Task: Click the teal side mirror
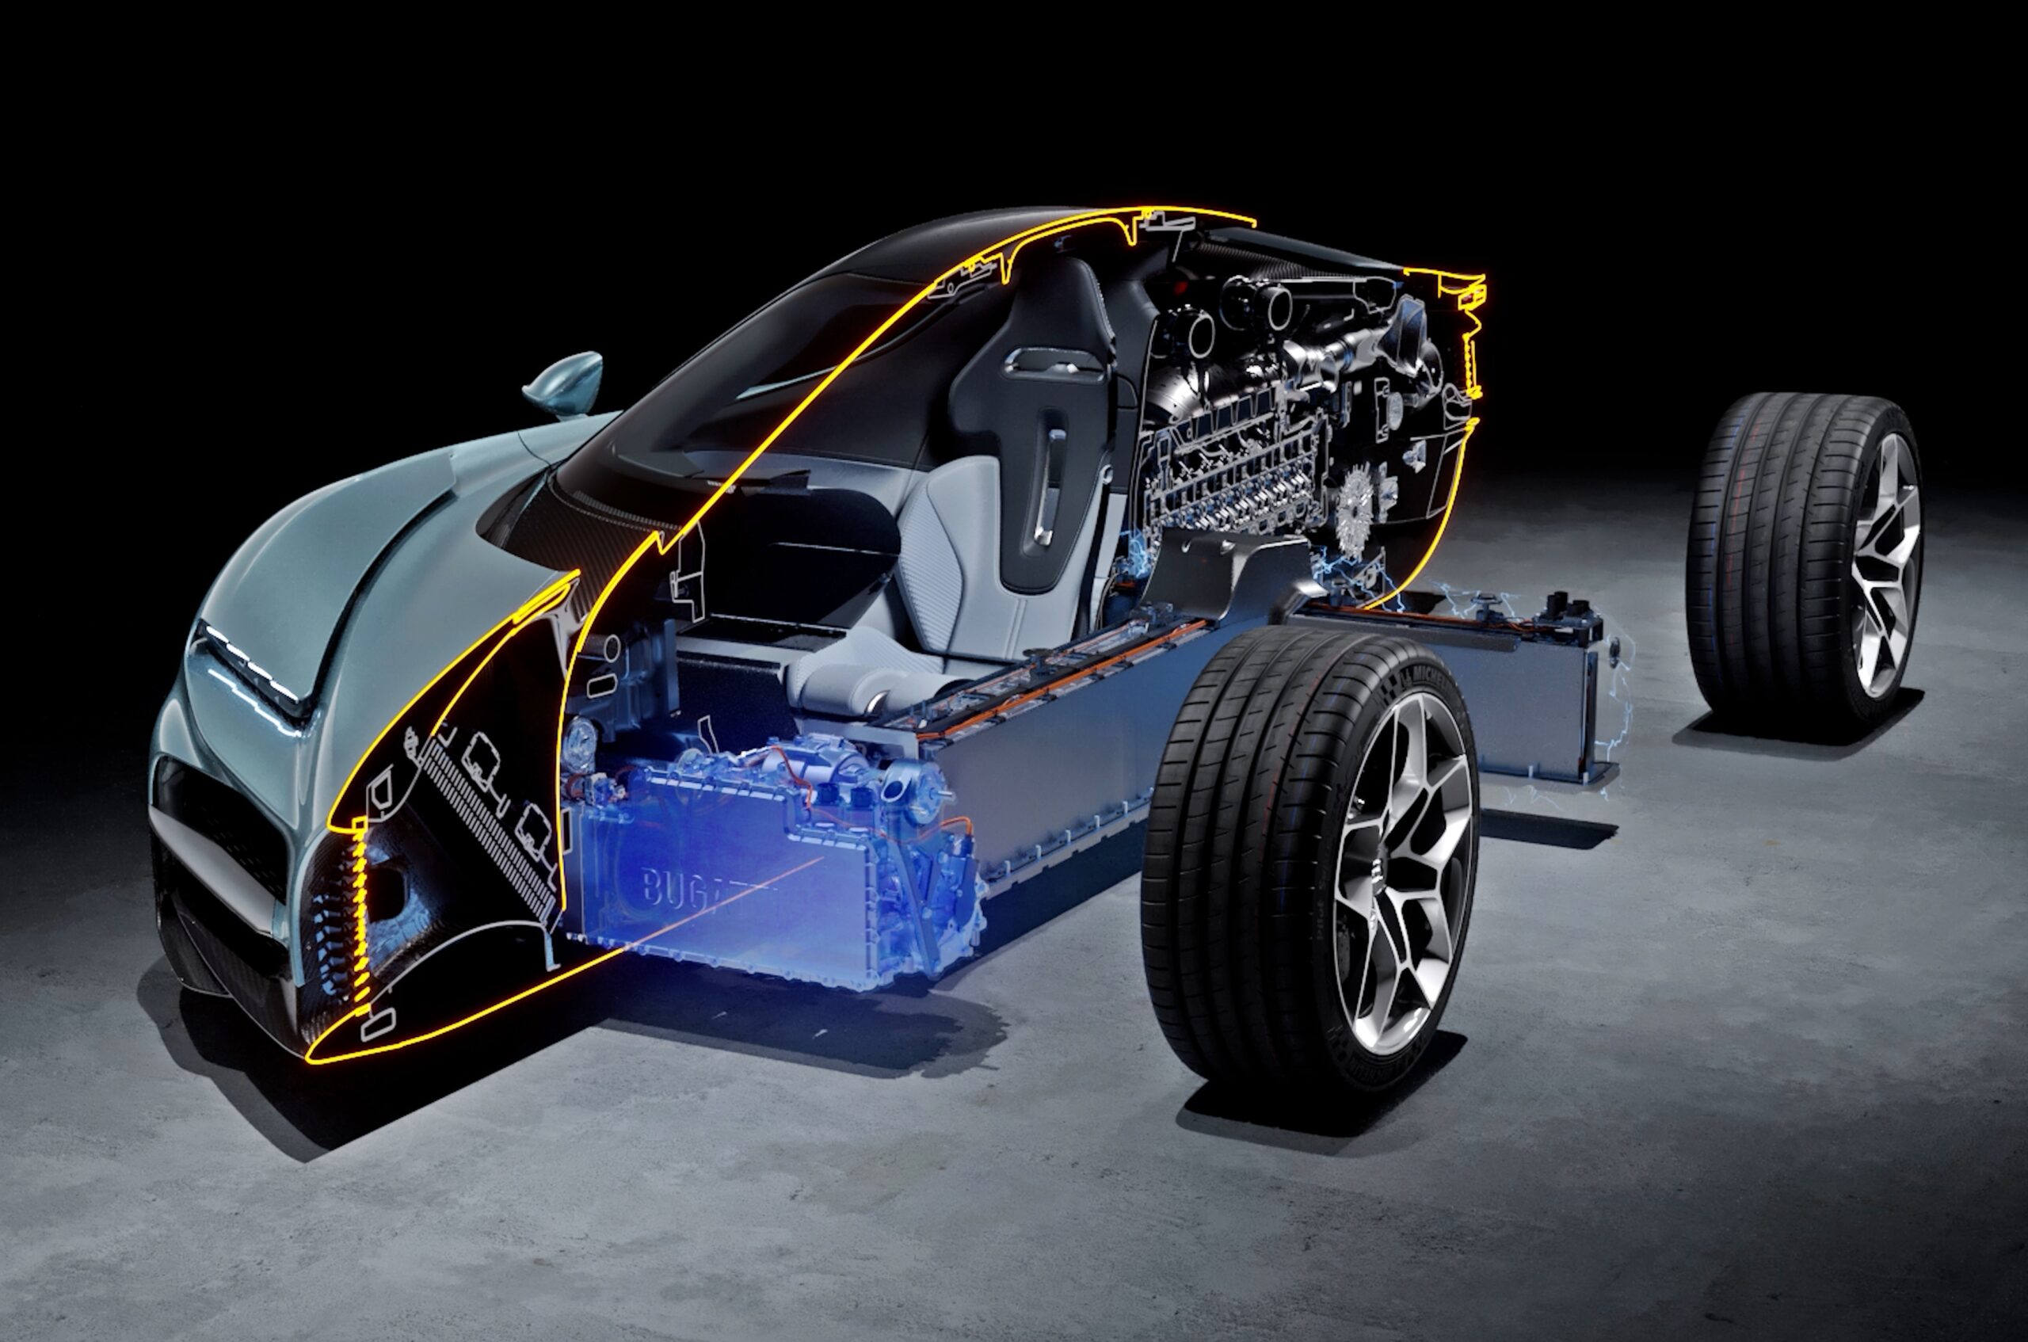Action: (567, 382)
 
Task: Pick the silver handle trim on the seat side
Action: (1047, 488)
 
